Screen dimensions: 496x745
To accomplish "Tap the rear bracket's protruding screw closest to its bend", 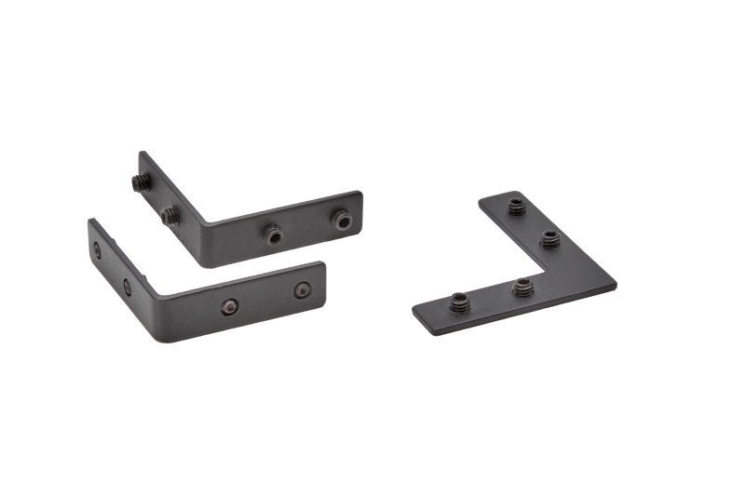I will (x=169, y=216).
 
